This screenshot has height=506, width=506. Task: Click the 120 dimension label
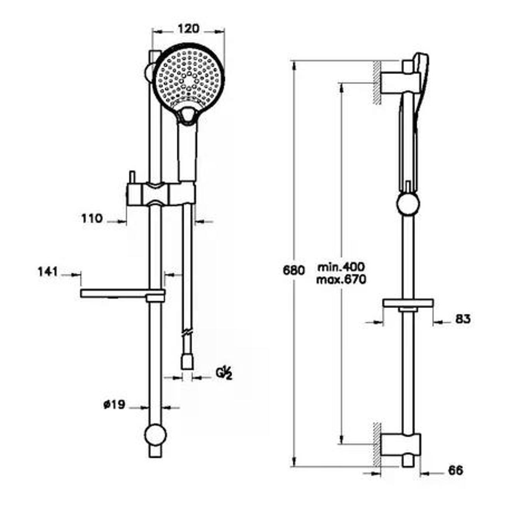188,29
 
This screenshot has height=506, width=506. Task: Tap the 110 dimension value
91,218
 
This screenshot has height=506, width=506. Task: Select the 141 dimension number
48,272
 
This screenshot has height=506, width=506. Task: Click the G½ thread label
224,374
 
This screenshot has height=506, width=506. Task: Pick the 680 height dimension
294,271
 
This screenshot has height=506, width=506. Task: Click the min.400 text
341,267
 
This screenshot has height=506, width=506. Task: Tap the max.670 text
341,280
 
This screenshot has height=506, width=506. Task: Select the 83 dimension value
463,319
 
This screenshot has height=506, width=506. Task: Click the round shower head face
188,79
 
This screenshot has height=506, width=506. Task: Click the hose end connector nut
187,362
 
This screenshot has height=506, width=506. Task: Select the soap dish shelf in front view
123,293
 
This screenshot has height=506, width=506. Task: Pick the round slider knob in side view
408,204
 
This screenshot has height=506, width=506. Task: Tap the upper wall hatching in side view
377,83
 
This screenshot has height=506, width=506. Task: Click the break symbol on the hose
188,332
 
